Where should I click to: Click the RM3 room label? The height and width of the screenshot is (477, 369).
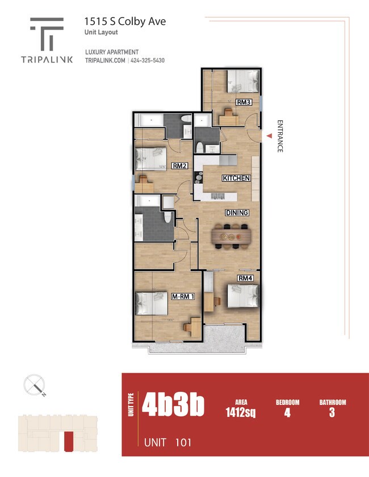click(244, 103)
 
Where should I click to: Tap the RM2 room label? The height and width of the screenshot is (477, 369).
click(180, 166)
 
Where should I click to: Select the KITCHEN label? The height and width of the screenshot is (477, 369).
click(236, 178)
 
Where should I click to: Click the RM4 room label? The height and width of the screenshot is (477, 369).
click(245, 278)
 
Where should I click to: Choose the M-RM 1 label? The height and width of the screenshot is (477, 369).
click(183, 296)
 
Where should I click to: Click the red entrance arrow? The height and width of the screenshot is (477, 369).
click(269, 134)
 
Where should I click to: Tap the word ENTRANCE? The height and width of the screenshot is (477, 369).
click(279, 136)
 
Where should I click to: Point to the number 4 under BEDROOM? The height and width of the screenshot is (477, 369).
click(287, 413)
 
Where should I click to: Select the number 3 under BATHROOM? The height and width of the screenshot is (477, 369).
click(332, 413)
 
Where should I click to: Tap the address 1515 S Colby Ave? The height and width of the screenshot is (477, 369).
click(125, 22)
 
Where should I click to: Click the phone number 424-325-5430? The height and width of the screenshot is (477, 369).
click(148, 61)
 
